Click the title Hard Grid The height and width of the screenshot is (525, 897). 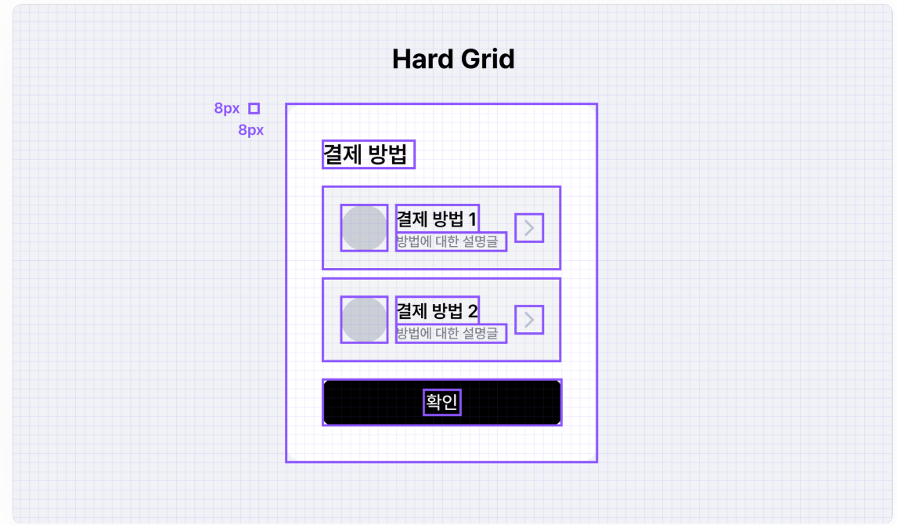tap(453, 59)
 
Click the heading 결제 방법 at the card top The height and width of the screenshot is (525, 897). tap(367, 154)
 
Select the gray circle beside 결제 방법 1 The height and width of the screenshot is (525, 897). tap(364, 228)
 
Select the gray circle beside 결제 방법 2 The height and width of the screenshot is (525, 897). tap(364, 320)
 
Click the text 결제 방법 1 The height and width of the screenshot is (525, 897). tap(437, 219)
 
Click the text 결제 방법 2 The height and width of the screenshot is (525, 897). tap(437, 310)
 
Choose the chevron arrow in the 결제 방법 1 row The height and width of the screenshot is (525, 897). tap(529, 227)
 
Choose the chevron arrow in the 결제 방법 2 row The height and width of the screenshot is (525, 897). tap(529, 320)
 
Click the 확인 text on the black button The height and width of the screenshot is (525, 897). tap(441, 403)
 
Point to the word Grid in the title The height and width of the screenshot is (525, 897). tap(488, 59)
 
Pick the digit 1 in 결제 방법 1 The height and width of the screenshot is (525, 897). tap(472, 219)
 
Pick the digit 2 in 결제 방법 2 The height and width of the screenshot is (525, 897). tap(472, 310)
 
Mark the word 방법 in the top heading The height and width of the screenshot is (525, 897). tap(387, 154)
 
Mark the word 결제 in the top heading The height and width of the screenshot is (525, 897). tap(341, 154)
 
